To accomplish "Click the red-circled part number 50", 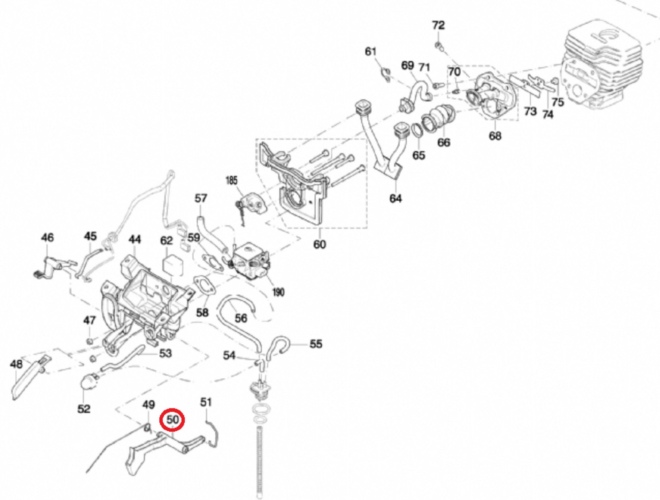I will pyautogui.click(x=172, y=420).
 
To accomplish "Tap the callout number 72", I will pyautogui.click(x=438, y=25).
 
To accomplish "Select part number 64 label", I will pyautogui.click(x=395, y=198).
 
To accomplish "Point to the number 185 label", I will pyautogui.click(x=231, y=181).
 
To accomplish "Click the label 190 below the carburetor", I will pyautogui.click(x=278, y=292).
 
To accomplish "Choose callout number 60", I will pyautogui.click(x=319, y=244).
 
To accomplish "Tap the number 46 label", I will pyautogui.click(x=47, y=237).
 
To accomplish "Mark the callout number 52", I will pyautogui.click(x=83, y=409).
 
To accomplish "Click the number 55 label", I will pyautogui.click(x=315, y=344).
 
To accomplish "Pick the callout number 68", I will pyautogui.click(x=495, y=136).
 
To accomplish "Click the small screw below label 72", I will pyautogui.click(x=439, y=46).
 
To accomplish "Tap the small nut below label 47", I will pyautogui.click(x=89, y=341).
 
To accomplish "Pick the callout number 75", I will pyautogui.click(x=557, y=102).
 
